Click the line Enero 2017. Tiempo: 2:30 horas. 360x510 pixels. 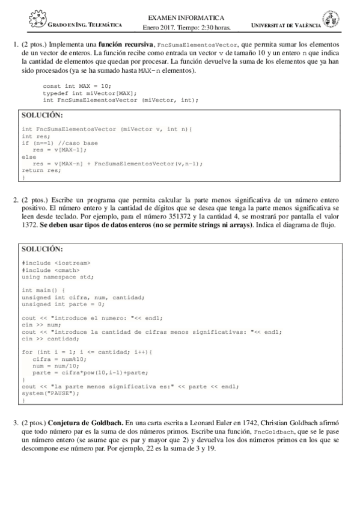click(186, 27)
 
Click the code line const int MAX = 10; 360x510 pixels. click(77, 85)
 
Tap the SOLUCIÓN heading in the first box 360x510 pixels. click(42, 115)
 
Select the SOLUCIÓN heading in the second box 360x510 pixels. click(42, 248)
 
